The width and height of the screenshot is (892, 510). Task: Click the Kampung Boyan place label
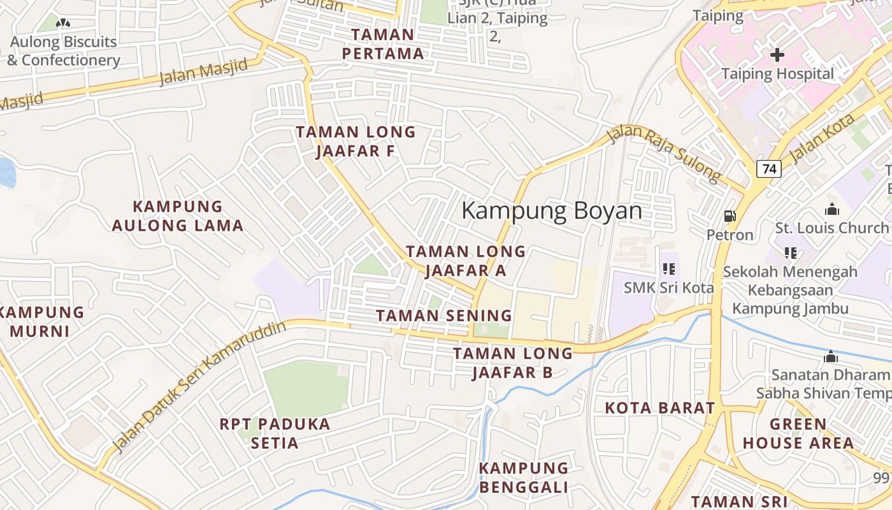click(551, 210)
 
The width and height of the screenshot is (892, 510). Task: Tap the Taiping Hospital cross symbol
click(777, 55)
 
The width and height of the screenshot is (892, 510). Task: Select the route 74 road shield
click(769, 169)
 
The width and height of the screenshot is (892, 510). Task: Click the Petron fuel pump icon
click(730, 217)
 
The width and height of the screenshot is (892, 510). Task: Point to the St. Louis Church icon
click(831, 209)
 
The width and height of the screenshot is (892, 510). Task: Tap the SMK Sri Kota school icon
click(668, 269)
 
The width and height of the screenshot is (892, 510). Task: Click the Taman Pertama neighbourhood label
click(383, 44)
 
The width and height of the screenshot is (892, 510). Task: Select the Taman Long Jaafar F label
click(356, 142)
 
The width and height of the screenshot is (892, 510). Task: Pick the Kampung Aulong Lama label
click(178, 215)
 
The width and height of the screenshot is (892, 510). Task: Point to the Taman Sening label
click(444, 316)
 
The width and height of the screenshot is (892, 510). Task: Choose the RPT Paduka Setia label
click(275, 433)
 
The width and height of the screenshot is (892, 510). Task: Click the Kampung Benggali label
click(524, 477)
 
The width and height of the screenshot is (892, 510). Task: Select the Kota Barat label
click(659, 408)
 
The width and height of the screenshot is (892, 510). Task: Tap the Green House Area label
click(798, 433)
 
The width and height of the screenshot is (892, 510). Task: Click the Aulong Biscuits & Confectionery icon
click(63, 24)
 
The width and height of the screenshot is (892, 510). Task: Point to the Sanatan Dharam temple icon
click(830, 356)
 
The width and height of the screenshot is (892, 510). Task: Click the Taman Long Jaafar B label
click(513, 363)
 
